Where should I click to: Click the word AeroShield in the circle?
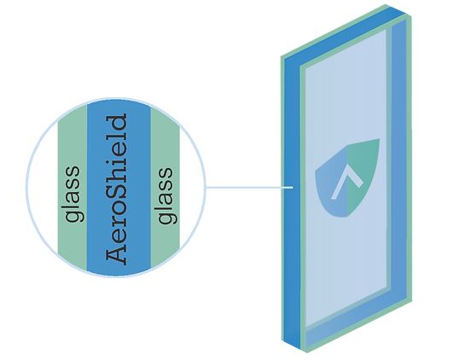[x=116, y=189]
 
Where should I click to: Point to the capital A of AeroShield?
[x=116, y=255]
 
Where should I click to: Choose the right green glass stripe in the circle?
[x=166, y=189]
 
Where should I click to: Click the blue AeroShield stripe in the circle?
[x=119, y=187]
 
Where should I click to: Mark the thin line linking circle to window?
[x=250, y=187]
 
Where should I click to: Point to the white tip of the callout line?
[x=292, y=187]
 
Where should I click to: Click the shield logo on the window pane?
[x=347, y=178]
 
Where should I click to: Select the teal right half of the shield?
[x=362, y=173]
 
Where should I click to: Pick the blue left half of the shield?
[x=332, y=185]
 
